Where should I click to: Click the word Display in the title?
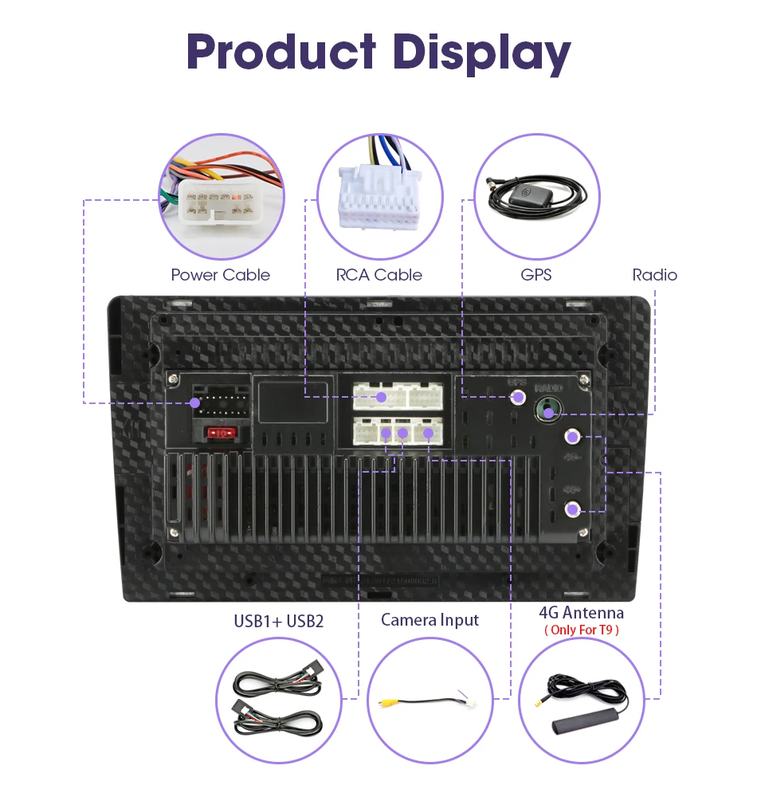[x=481, y=54]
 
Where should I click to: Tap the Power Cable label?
[x=221, y=275]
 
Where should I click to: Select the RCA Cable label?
[x=378, y=275]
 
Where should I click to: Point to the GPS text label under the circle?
[x=535, y=275]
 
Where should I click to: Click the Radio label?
[x=654, y=275]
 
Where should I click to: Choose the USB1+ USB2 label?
[x=278, y=620]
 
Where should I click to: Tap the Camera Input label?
[x=430, y=619]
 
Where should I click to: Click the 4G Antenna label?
[x=581, y=612]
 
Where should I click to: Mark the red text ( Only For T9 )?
[x=581, y=630]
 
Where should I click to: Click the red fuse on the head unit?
[x=222, y=433]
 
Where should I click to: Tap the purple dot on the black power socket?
[x=195, y=402]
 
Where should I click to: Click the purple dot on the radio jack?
[x=547, y=411]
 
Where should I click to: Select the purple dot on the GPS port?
[x=519, y=396]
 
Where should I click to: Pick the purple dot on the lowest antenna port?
[x=572, y=510]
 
